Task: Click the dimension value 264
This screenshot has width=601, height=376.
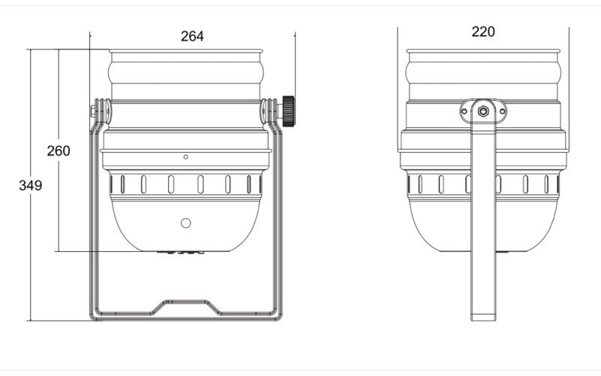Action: click(x=192, y=36)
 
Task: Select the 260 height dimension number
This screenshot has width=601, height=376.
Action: click(x=58, y=150)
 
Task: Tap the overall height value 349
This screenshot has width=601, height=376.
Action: click(x=30, y=185)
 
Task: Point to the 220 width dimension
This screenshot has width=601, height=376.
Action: click(x=483, y=32)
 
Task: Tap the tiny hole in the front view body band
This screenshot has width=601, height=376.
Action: click(x=186, y=156)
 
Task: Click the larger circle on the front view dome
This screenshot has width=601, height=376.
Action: click(x=186, y=223)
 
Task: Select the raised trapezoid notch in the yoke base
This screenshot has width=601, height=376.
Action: click(x=185, y=305)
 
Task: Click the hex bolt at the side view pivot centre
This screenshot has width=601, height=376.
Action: click(x=483, y=111)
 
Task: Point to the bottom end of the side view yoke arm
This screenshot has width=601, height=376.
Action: click(x=483, y=316)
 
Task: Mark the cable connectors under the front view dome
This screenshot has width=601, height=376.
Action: click(x=184, y=253)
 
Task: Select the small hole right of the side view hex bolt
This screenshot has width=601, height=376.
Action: click(x=502, y=111)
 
